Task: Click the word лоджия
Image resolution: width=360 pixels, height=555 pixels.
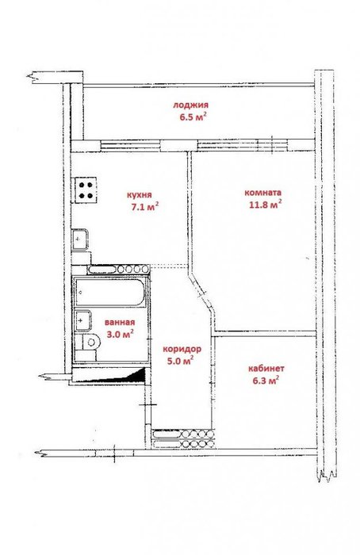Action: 190,105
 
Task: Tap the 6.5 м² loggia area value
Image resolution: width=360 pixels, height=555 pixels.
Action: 193,117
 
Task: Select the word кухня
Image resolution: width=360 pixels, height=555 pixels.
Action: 139,195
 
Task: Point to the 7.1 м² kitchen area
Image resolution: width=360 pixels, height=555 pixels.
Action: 145,207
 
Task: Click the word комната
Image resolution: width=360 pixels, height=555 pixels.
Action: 263,193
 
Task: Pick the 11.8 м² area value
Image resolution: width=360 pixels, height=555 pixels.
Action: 266,205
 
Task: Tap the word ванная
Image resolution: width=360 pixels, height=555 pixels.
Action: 120,323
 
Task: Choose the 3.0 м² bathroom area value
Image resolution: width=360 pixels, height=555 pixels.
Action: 120,334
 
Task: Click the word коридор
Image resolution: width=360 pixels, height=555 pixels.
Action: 182,350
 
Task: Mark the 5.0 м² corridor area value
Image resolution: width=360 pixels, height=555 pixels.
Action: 180,361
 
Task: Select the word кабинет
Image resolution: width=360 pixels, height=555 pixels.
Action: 266,369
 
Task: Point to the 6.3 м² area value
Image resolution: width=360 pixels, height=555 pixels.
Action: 266,381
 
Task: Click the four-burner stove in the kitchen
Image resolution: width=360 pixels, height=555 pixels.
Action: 86,190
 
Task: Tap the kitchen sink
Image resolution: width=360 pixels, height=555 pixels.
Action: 79,239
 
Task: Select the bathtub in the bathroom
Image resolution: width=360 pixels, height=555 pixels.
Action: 109,293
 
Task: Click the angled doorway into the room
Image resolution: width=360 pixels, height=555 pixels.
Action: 201,291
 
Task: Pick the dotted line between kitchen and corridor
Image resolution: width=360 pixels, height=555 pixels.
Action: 169,266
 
